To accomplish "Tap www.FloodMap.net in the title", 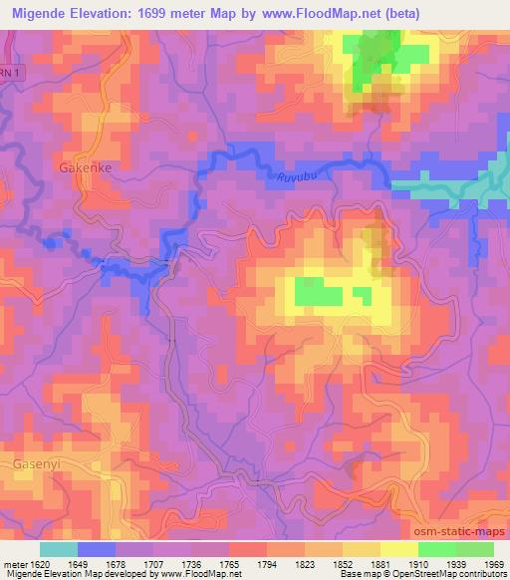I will pos(319,14).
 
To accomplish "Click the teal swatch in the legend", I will pos(59,549).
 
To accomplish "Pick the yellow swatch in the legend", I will pos(398,549).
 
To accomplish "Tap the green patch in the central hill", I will pos(317,294).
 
